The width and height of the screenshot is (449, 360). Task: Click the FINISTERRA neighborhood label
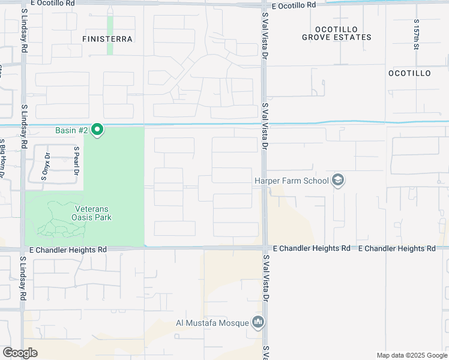point(107,38)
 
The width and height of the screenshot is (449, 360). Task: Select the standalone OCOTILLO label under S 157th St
point(409,73)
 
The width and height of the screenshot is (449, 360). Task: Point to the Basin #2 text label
point(71,130)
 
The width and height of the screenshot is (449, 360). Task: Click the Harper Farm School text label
point(292,181)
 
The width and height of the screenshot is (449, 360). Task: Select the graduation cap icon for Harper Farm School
point(338,181)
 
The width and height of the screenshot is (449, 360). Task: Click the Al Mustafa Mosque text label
point(212,323)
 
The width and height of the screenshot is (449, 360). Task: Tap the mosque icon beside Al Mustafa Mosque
point(258,323)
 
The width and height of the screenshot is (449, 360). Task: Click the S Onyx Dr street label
point(44,166)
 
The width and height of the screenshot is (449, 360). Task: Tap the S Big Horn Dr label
point(2,159)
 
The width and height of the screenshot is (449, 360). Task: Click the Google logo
point(20,353)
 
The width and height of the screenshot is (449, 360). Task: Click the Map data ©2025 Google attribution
point(411,355)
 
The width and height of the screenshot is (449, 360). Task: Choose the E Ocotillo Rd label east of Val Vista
point(293,5)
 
